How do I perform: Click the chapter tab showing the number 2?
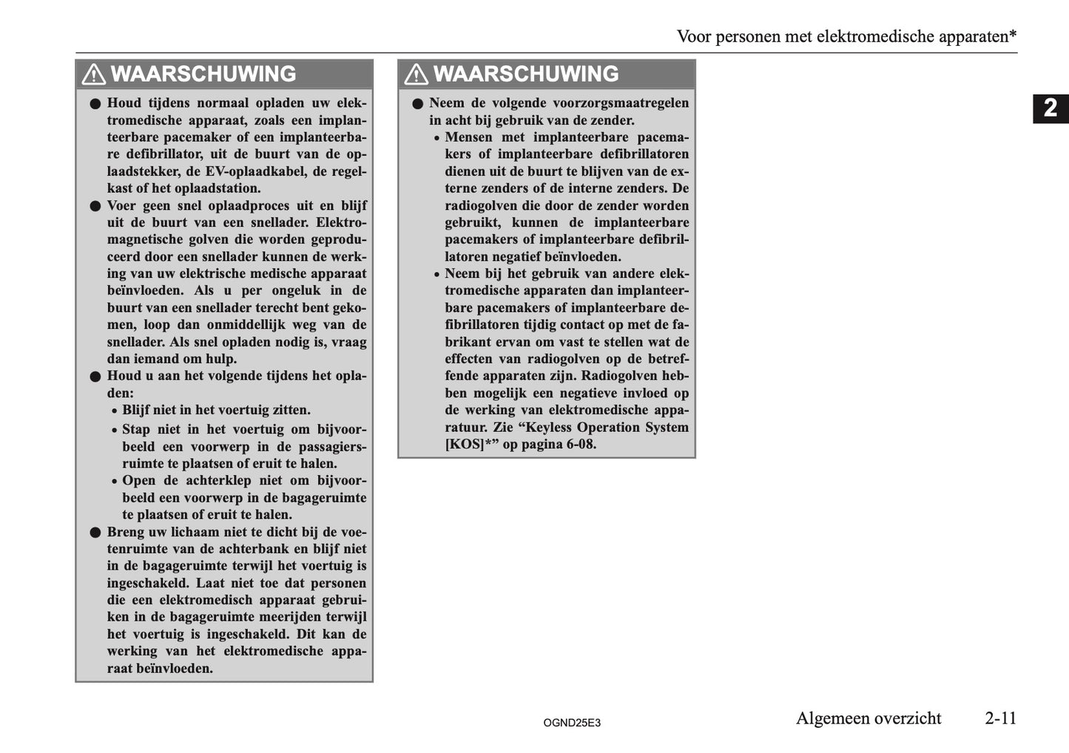(1051, 109)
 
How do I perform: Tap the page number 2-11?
(1000, 718)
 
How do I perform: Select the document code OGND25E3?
(571, 723)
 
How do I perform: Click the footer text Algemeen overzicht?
(868, 718)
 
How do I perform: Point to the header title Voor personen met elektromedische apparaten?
(846, 36)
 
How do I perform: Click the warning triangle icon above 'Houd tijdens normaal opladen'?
(94, 75)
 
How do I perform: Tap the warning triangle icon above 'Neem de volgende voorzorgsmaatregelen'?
(417, 75)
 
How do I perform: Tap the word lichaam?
(185, 532)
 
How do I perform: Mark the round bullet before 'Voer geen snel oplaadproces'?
(95, 206)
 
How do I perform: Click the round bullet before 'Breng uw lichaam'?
(95, 533)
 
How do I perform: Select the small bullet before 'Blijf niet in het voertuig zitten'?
(114, 411)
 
